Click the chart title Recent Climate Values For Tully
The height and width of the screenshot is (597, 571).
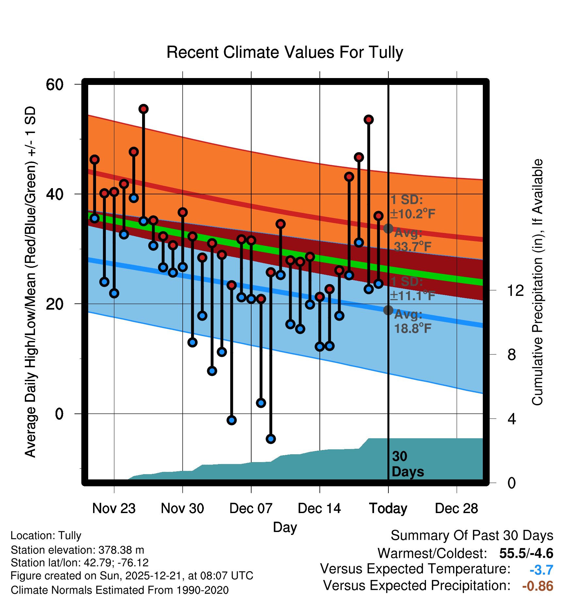point(285,52)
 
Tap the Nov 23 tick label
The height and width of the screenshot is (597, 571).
point(114,508)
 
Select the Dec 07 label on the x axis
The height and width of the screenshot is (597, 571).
point(251,508)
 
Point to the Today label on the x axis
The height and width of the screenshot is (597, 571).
point(388,508)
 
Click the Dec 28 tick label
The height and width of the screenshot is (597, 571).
point(456,508)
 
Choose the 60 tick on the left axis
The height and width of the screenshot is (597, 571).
point(55,85)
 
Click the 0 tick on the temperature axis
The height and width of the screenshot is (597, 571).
point(59,414)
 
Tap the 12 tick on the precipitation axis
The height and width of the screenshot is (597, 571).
point(515,290)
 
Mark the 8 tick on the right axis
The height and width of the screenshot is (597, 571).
point(512,355)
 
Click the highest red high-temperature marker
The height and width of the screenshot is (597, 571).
point(143,109)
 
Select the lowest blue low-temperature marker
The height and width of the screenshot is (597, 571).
point(270,439)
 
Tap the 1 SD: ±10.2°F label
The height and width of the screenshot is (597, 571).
point(412,207)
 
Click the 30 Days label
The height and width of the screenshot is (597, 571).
point(407,464)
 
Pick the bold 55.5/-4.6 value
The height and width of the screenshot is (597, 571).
point(526,553)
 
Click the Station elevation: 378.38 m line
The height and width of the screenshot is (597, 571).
point(77,550)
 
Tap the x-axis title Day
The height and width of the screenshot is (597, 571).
point(285,527)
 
